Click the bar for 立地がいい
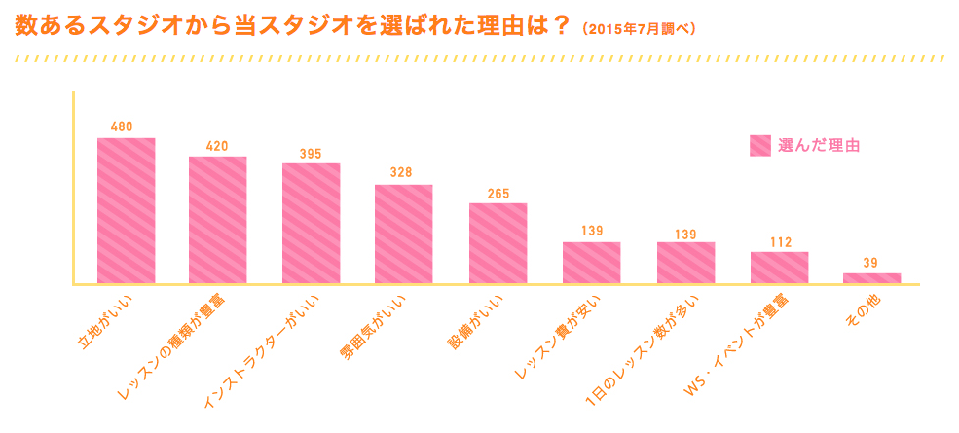pos(127,210)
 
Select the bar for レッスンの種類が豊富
pos(217,220)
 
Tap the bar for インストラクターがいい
pos(311,223)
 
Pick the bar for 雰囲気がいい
pos(404,234)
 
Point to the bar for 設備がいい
pos(498,243)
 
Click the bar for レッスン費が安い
pos(591,263)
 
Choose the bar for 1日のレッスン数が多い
pos(685,263)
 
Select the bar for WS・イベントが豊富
pos(779,268)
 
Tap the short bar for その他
pos(872,278)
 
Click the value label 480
pos(123,126)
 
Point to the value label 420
pos(217,146)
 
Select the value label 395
pos(311,154)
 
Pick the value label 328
pos(401,172)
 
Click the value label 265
pos(498,194)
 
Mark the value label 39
pos(872,263)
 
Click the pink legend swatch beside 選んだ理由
pos(760,145)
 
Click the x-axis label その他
pos(860,309)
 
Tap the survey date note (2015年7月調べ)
pos(639,28)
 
